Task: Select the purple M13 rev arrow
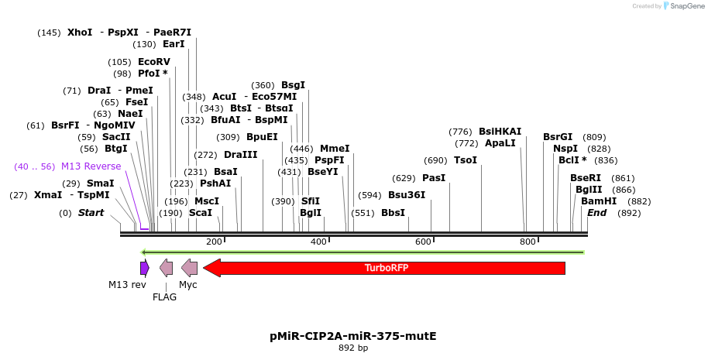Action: (x=144, y=268)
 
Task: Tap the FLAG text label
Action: (x=164, y=297)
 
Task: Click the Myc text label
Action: (x=188, y=285)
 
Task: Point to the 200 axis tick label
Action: (x=214, y=242)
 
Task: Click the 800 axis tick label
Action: (x=528, y=242)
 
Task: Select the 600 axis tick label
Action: (x=423, y=242)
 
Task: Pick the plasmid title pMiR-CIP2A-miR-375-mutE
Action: (x=353, y=336)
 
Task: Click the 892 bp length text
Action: (x=353, y=348)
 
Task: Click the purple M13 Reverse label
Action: (x=91, y=166)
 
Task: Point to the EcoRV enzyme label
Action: (x=153, y=62)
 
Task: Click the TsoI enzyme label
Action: (x=465, y=160)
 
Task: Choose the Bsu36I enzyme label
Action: (x=407, y=195)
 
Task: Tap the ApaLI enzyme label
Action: (x=500, y=143)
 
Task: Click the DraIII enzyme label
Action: (x=240, y=155)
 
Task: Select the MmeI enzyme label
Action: (x=335, y=149)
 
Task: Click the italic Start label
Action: (x=91, y=213)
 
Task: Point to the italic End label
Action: (x=596, y=213)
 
